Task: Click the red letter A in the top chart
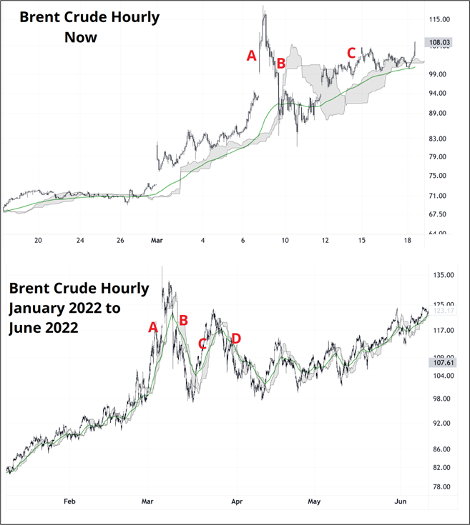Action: (251, 55)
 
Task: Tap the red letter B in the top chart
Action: (281, 64)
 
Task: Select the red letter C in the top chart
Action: (351, 53)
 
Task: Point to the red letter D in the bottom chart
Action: (236, 338)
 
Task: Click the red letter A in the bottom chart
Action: (152, 327)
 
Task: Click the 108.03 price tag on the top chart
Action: (439, 43)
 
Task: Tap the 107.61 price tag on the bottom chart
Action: (439, 363)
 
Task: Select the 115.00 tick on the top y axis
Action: (439, 19)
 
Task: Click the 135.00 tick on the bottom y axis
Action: (439, 275)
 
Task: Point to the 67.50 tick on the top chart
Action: (438, 214)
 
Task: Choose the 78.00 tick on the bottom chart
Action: (439, 487)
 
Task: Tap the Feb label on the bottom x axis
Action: (69, 501)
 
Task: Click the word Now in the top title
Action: (80, 36)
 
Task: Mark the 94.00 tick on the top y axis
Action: (439, 94)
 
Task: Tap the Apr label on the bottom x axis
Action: (237, 501)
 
